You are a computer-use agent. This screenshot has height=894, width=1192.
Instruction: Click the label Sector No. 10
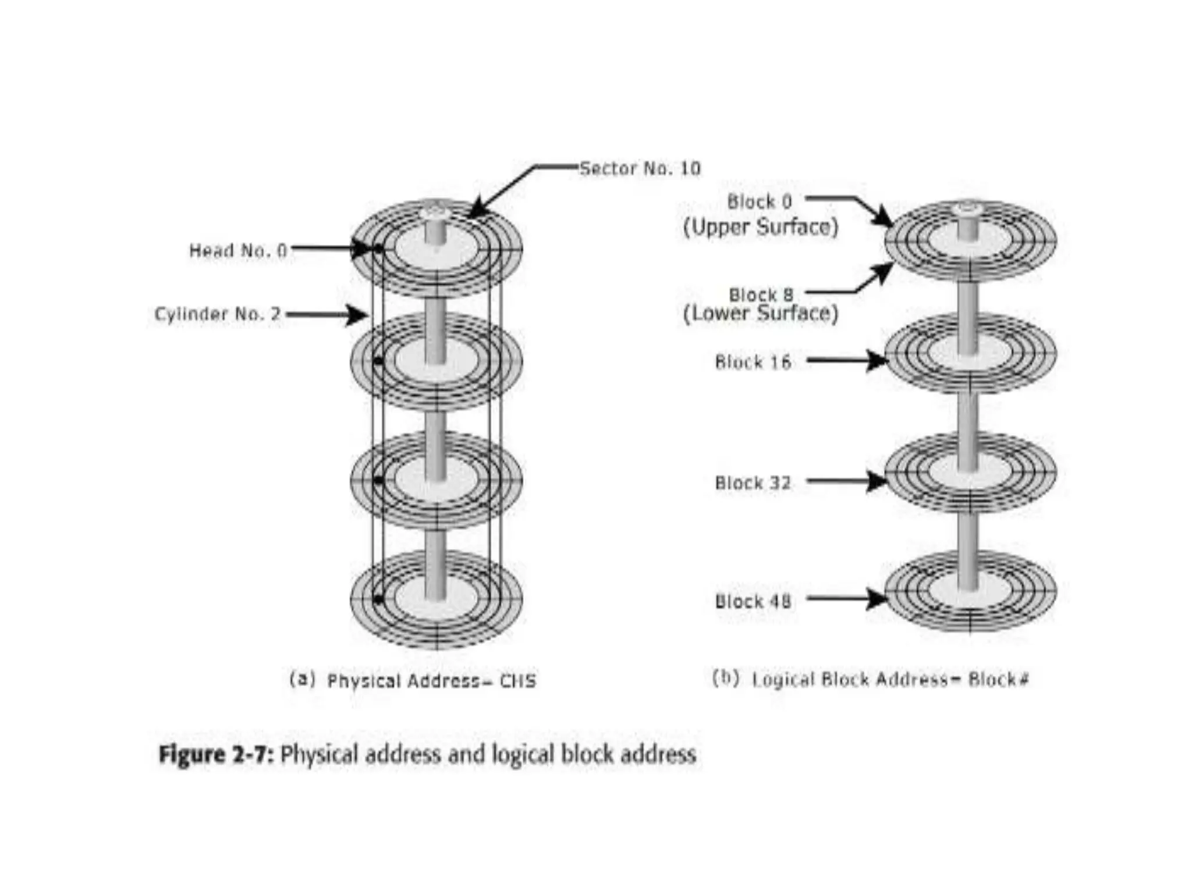640,169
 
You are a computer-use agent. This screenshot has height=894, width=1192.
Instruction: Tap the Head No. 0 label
238,251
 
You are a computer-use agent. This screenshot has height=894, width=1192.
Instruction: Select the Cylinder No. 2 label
217,314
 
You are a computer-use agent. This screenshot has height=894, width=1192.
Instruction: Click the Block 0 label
760,202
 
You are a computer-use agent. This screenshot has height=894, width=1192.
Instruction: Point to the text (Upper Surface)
760,227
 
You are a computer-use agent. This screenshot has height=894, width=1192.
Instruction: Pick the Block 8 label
761,295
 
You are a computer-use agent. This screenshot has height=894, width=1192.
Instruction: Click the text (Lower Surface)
760,313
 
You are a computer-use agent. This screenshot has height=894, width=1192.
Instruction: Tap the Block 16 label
753,362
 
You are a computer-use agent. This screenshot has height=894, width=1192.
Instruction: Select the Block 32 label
753,483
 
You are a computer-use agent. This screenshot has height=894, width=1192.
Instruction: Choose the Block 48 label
753,601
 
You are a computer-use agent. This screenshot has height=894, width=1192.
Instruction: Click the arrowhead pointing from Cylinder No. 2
356,315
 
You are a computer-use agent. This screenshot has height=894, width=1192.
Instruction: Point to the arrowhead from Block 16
876,361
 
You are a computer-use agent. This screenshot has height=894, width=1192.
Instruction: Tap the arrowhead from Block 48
876,598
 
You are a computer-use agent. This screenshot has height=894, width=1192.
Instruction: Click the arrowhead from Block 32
876,481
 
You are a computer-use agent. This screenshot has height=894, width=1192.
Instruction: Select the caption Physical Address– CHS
431,681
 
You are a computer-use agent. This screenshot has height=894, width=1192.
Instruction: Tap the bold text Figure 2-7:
216,755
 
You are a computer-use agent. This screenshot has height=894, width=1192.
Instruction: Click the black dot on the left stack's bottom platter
378,599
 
